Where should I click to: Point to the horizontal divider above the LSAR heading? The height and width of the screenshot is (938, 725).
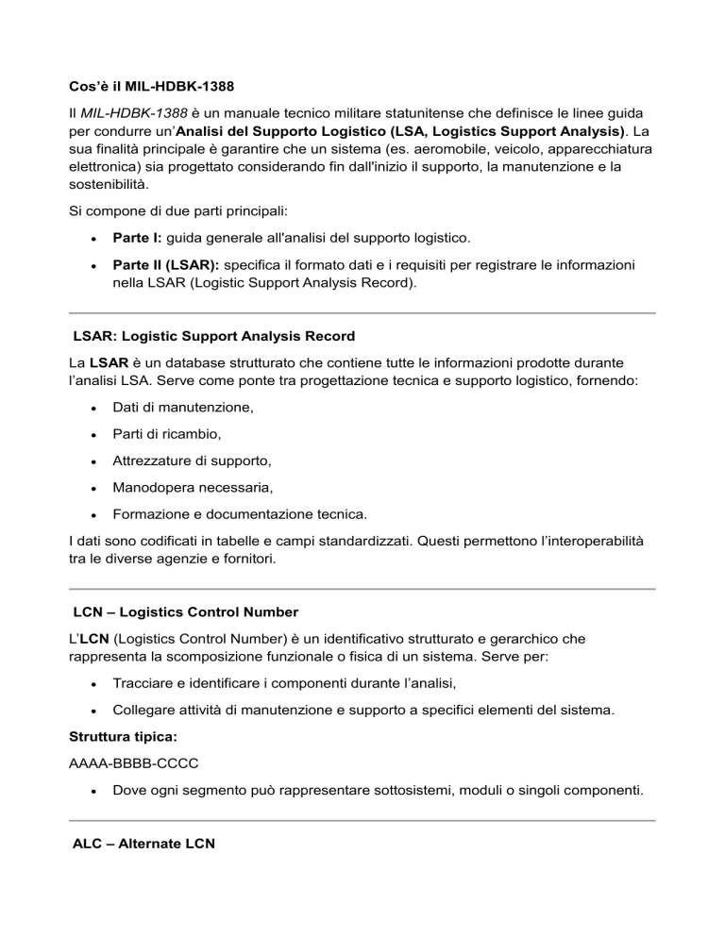(x=362, y=312)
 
